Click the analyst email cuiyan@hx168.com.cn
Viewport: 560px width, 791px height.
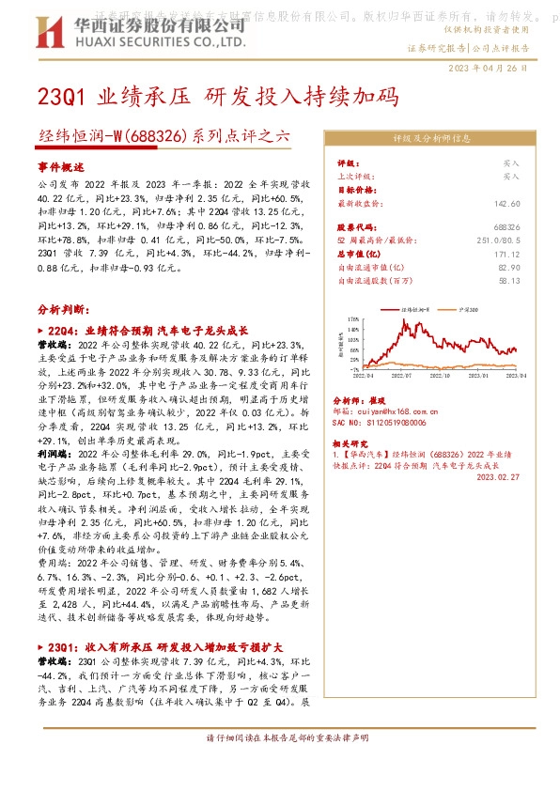pos(387,411)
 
